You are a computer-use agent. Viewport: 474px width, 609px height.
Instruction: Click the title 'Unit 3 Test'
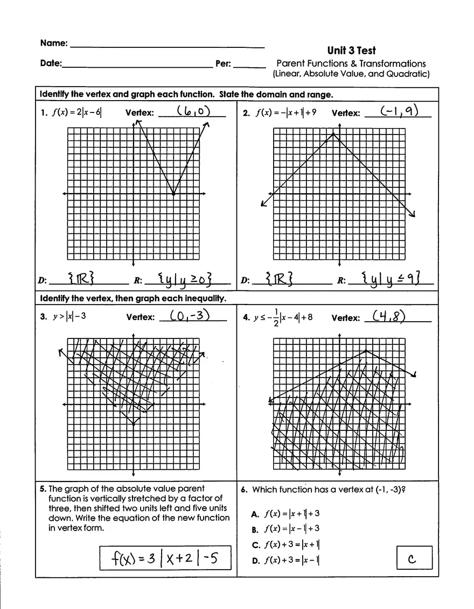click(x=351, y=51)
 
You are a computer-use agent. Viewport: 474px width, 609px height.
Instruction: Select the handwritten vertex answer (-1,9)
click(x=399, y=111)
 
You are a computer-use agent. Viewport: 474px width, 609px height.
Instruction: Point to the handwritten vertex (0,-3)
click(x=190, y=316)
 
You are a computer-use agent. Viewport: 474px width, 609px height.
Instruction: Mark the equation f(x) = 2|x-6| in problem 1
click(x=76, y=113)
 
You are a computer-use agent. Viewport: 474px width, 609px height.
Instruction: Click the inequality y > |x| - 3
click(x=69, y=317)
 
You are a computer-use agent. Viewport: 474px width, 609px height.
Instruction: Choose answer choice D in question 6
click(x=286, y=560)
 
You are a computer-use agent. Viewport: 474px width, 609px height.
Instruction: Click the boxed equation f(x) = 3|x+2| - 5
click(x=165, y=558)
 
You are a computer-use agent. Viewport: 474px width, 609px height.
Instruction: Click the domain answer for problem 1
click(x=82, y=279)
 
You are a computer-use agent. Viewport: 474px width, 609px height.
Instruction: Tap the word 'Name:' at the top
click(x=54, y=43)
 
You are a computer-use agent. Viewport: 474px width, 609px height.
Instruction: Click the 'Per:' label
click(x=223, y=63)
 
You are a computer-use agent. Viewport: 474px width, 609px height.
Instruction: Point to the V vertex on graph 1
click(x=173, y=194)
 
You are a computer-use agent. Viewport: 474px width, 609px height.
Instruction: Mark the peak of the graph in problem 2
click(x=333, y=134)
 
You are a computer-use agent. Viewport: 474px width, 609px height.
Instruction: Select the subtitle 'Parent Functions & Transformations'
click(x=351, y=63)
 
